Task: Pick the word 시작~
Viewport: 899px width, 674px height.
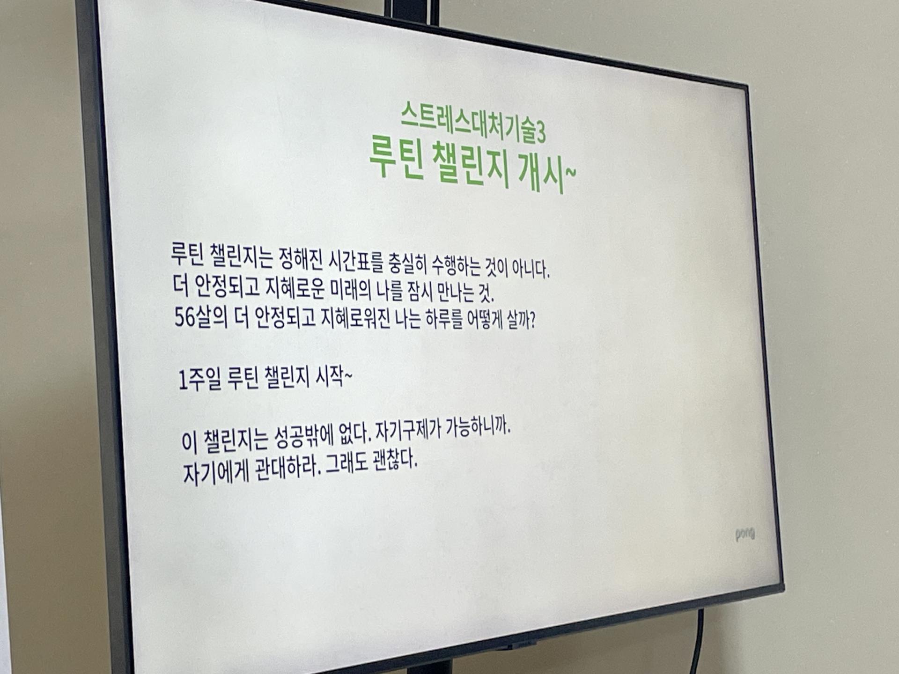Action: pos(333,376)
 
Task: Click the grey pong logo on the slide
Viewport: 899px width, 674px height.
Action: pos(744,534)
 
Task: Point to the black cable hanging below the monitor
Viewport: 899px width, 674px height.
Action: pos(698,641)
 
